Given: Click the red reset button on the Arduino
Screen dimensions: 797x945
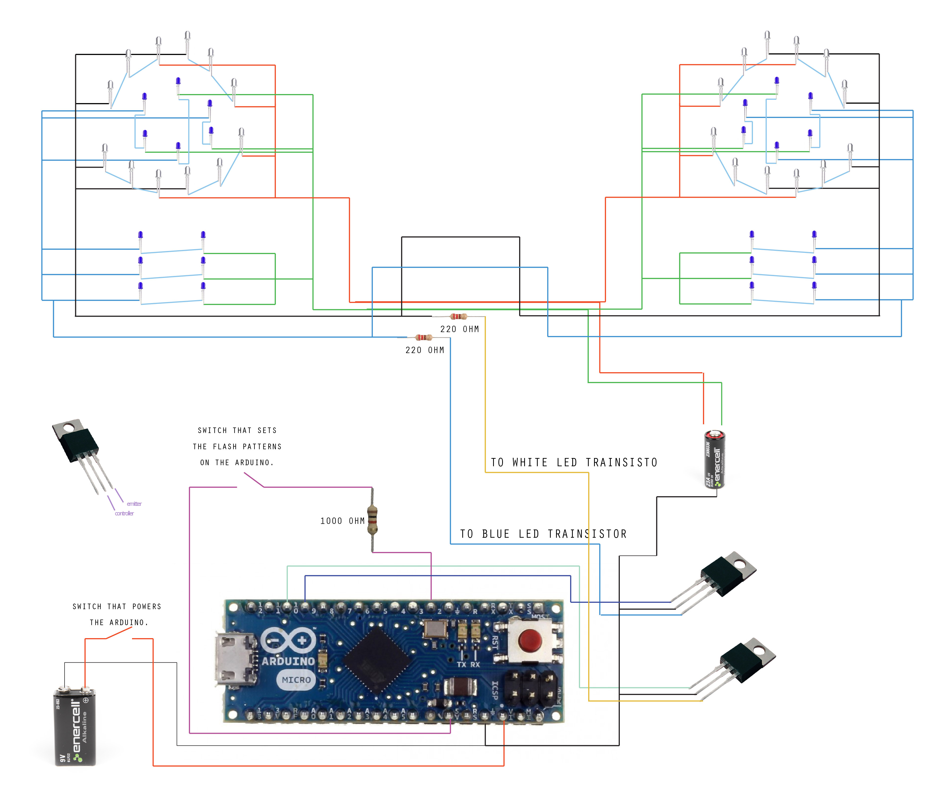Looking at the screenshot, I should pyautogui.click(x=529, y=640).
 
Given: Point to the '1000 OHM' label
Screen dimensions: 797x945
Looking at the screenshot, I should pyautogui.click(x=342, y=521).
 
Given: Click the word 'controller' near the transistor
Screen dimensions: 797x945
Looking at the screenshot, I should pyautogui.click(x=124, y=513).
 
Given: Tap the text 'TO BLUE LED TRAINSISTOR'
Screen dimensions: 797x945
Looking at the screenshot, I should pyautogui.click(x=543, y=534).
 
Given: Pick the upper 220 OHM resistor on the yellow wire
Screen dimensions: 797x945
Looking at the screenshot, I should pyautogui.click(x=459, y=316).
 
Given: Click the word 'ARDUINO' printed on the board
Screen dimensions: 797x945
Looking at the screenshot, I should pyautogui.click(x=288, y=661).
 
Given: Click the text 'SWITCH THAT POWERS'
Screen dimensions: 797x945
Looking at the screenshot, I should pyautogui.click(x=117, y=606).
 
